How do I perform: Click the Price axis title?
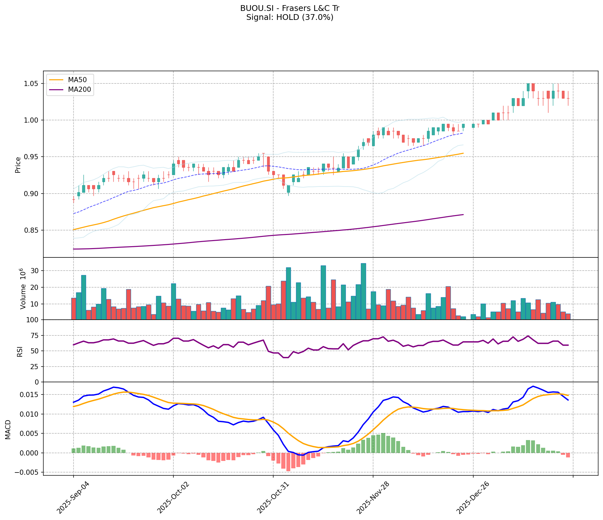coord(18,164)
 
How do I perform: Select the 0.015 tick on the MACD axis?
coord(30,395)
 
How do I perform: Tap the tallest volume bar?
coord(363,291)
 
